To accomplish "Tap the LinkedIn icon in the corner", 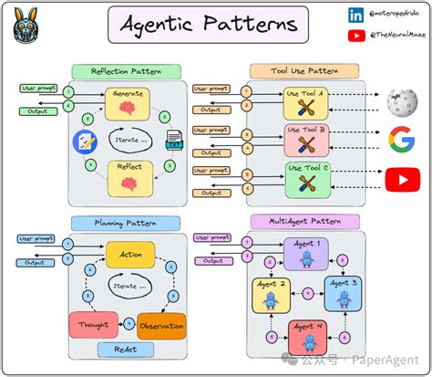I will [355, 15].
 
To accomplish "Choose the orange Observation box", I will [161, 326].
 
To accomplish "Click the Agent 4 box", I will [307, 337].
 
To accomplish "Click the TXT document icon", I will [173, 141].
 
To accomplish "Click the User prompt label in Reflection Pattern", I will [37, 89].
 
